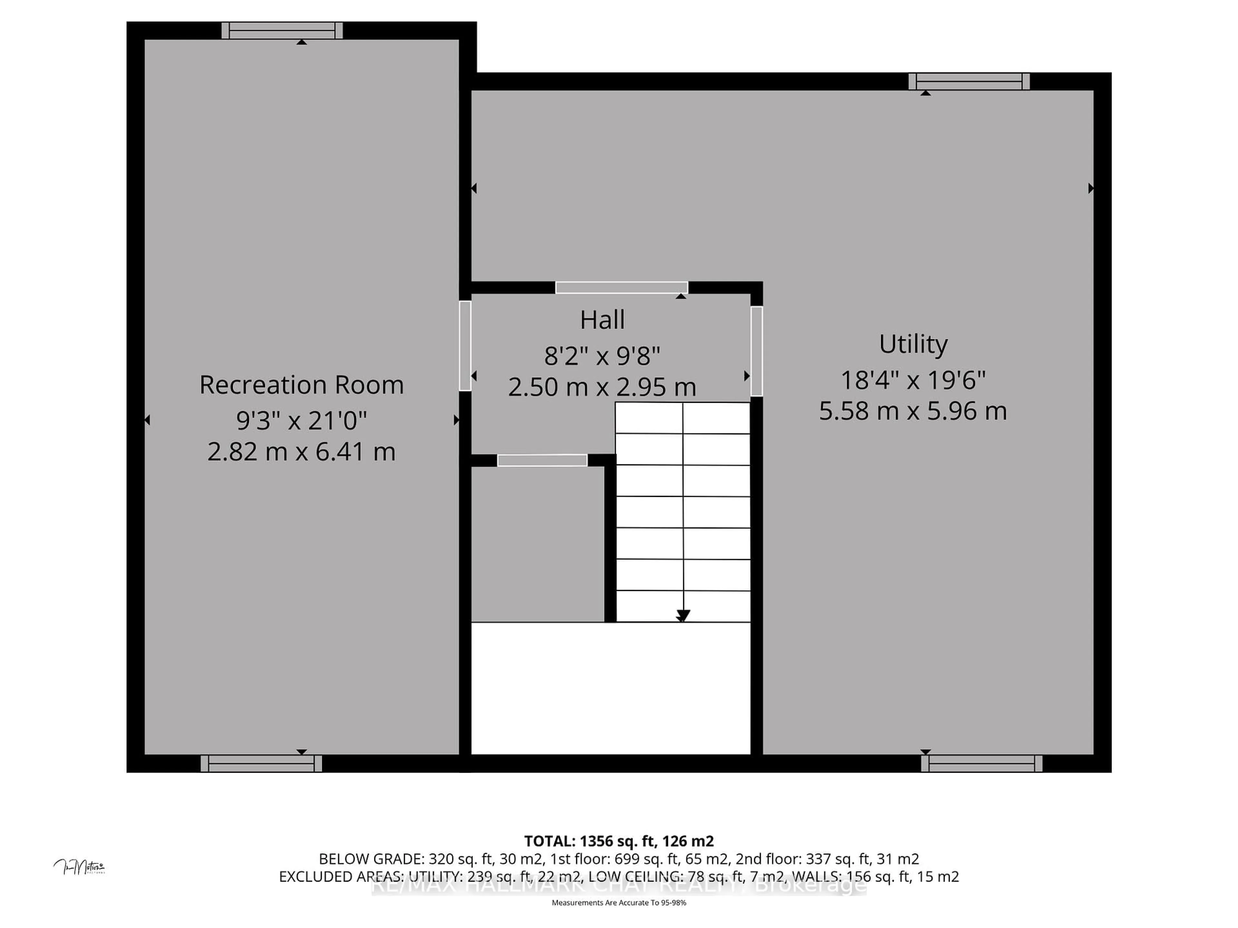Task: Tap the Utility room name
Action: click(x=913, y=344)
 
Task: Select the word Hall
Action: click(x=602, y=320)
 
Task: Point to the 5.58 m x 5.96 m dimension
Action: click(x=913, y=411)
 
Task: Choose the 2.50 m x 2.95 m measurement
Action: click(x=602, y=387)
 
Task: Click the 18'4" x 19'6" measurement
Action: click(x=913, y=380)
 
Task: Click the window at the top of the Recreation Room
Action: click(x=282, y=31)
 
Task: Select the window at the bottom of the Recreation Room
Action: click(x=261, y=764)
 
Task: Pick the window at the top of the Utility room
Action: click(x=969, y=82)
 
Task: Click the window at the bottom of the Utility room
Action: click(x=982, y=764)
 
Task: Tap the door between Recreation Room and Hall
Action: click(x=465, y=346)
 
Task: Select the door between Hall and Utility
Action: click(x=757, y=351)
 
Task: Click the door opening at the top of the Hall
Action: click(x=621, y=287)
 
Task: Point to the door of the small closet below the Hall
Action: click(x=542, y=460)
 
